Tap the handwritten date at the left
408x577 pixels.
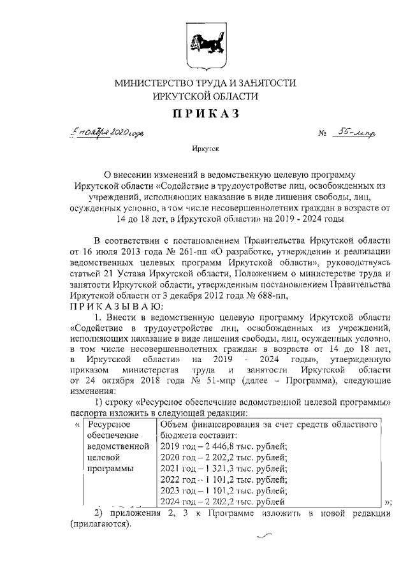tap(110, 134)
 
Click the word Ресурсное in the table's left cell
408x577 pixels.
tap(109, 424)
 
